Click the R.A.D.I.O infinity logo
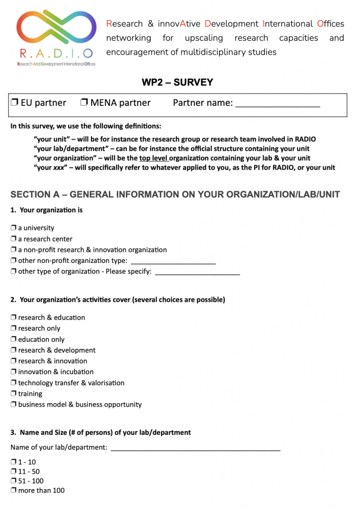[x=56, y=31]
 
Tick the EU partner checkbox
[x=14, y=103]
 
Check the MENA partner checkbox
[x=84, y=103]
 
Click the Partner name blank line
[x=277, y=104]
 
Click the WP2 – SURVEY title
[x=178, y=83]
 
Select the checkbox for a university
[x=13, y=228]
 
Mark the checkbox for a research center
[x=13, y=239]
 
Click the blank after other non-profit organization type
[x=173, y=261]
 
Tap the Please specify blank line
[x=197, y=272]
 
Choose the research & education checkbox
[x=13, y=318]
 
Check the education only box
[x=13, y=339]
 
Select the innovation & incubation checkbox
[x=13, y=372]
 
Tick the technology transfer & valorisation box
[x=13, y=383]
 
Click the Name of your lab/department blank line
[x=195, y=448]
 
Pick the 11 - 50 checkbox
[x=13, y=472]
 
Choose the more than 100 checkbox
[x=13, y=491]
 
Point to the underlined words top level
[x=154, y=159]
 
